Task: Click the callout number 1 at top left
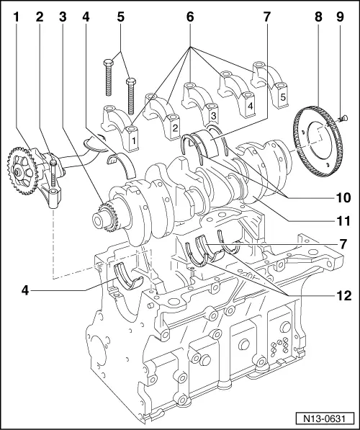click(14, 14)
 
